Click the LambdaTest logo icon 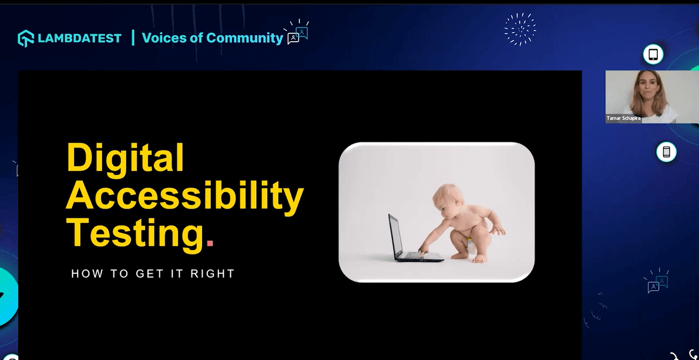point(26,38)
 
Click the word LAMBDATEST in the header point(79,38)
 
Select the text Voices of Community point(212,38)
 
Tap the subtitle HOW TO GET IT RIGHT point(153,274)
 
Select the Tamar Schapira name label point(623,118)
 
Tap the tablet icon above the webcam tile point(653,55)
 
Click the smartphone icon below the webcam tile point(666,152)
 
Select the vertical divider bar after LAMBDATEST point(133,38)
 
